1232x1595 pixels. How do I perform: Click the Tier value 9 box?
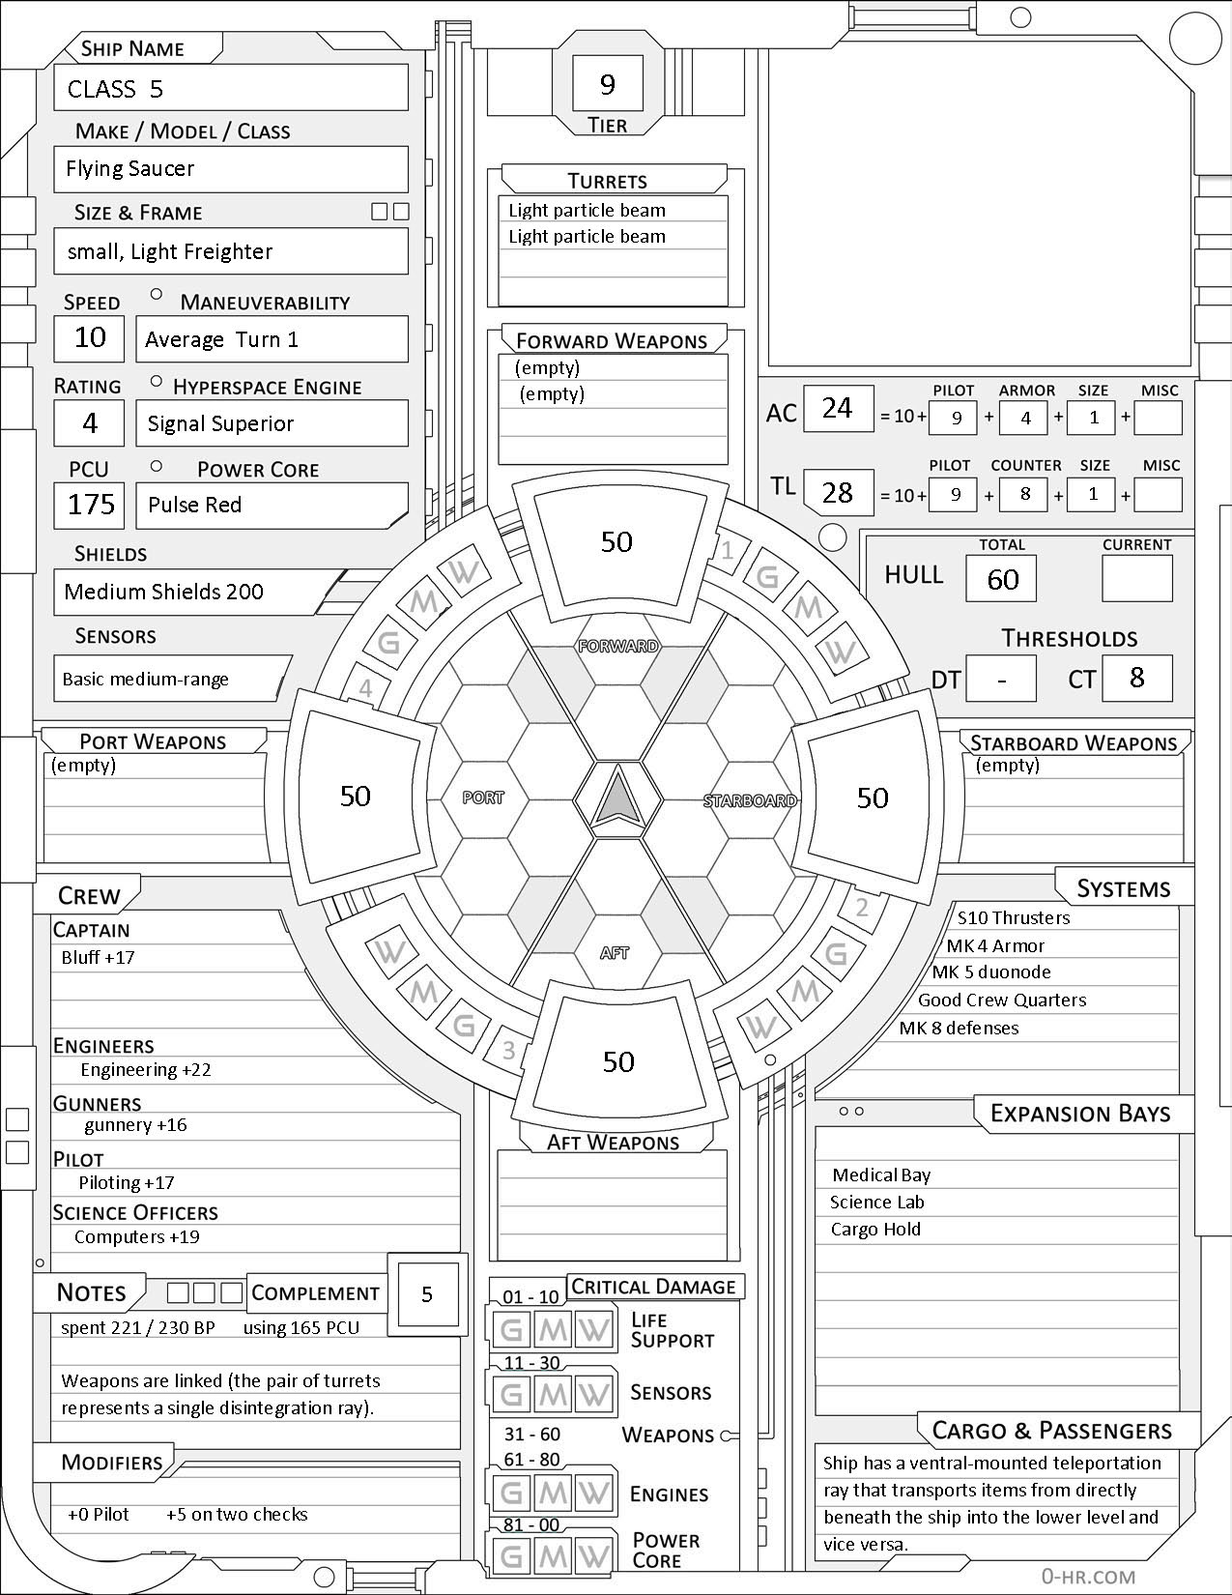[x=607, y=85]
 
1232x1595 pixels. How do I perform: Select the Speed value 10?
[x=90, y=337]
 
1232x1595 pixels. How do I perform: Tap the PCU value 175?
[x=90, y=505]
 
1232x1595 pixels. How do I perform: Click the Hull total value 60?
[x=1002, y=579]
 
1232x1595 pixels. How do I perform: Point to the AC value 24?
[x=837, y=408]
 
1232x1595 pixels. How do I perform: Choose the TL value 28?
[x=837, y=492]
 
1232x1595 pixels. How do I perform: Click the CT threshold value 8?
[x=1136, y=678]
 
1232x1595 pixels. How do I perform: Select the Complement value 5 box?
[x=427, y=1295]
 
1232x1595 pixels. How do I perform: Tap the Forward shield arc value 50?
[x=616, y=541]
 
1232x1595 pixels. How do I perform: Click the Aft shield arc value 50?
[x=618, y=1061]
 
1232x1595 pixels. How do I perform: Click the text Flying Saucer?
[x=129, y=169]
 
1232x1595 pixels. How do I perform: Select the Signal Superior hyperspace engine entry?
[x=220, y=423]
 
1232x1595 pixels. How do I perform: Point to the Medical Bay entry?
[x=881, y=1175]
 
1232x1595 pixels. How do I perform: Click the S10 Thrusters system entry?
[x=1013, y=918]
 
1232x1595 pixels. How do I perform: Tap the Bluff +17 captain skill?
[x=98, y=958]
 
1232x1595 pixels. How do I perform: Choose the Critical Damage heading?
[x=653, y=1287]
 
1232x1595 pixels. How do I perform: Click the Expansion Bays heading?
[x=1079, y=1114]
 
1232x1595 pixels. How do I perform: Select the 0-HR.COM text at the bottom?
[x=1088, y=1576]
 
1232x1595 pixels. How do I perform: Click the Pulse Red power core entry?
[x=194, y=505]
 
